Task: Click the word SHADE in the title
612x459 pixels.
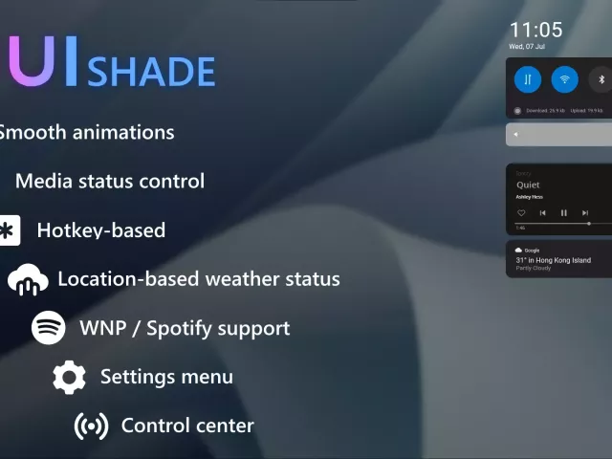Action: [x=151, y=72]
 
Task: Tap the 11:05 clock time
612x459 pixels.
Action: [x=535, y=30]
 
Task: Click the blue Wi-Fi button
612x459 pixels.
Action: [x=564, y=79]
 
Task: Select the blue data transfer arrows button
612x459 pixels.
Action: [x=528, y=79]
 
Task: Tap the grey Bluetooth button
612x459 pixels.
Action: [x=601, y=79]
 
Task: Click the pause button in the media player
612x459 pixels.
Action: [x=564, y=212]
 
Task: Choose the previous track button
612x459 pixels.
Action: [x=542, y=212]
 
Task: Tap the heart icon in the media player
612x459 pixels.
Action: [x=521, y=212]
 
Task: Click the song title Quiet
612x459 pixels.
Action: [x=528, y=185]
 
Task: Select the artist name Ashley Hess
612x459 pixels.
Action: [x=529, y=197]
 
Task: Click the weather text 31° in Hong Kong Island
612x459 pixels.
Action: [x=553, y=260]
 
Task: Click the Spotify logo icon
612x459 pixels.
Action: [x=49, y=328]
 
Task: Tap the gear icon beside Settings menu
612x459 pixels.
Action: [x=69, y=377]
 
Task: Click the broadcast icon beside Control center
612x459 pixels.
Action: [x=91, y=426]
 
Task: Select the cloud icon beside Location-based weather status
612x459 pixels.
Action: [x=28, y=280]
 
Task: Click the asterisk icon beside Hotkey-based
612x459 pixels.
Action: [x=8, y=230]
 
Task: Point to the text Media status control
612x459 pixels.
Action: [x=110, y=181]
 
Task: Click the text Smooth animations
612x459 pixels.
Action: [x=86, y=132]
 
